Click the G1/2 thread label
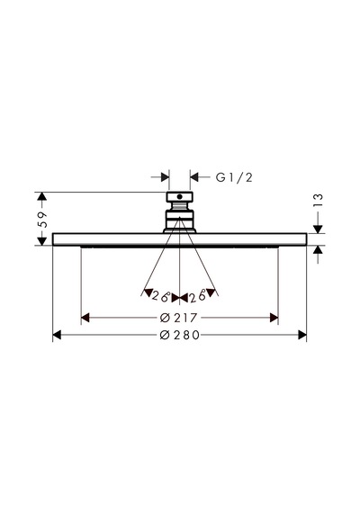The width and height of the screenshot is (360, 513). tap(234, 177)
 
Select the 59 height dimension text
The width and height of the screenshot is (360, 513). tap(42, 220)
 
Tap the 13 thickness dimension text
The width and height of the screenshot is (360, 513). tap(318, 200)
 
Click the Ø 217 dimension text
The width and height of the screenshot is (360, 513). tap(179, 318)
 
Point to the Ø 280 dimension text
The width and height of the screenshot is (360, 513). tap(180, 335)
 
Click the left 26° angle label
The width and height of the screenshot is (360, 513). tap(161, 296)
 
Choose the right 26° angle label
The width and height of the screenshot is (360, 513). tap(197, 296)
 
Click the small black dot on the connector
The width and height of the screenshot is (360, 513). tap(179, 196)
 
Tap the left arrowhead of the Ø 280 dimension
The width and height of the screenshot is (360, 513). tap(57, 335)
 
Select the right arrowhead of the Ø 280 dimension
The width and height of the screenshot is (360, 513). tap(302, 335)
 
